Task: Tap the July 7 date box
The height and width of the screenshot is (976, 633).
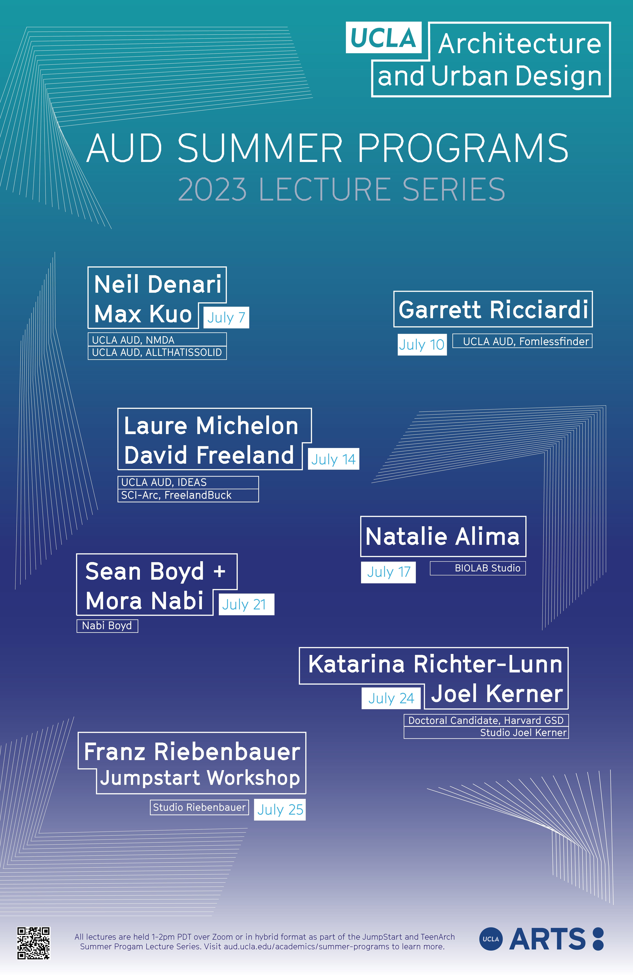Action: [226, 317]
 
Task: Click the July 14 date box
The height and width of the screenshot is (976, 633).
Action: [333, 459]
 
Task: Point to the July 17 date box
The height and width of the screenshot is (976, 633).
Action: [388, 572]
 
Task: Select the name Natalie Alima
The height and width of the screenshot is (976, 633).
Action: [443, 536]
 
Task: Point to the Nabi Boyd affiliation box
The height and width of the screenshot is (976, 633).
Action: [107, 626]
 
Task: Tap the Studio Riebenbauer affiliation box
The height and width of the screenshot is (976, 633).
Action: [199, 807]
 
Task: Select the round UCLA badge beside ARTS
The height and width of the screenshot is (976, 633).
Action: [491, 939]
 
